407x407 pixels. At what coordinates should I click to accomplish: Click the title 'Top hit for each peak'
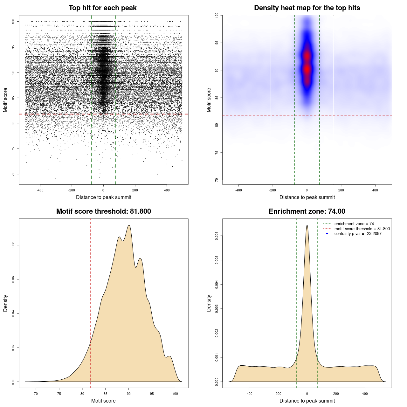pyautogui.click(x=102, y=8)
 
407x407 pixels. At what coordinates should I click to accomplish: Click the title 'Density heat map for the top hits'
pyautogui.click(x=307, y=8)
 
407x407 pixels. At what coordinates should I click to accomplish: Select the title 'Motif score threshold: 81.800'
pyautogui.click(x=103, y=211)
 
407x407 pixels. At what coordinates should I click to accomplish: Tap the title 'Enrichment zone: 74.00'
pyautogui.click(x=307, y=211)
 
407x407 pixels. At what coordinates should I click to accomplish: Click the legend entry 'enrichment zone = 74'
pyautogui.click(x=354, y=224)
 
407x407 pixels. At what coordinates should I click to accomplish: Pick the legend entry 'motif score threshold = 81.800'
pyautogui.click(x=362, y=229)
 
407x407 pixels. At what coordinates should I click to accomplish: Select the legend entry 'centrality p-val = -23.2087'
pyautogui.click(x=358, y=234)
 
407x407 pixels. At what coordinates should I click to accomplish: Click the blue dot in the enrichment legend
pyautogui.click(x=327, y=234)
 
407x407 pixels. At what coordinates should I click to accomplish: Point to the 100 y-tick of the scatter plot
pyautogui.click(x=13, y=21)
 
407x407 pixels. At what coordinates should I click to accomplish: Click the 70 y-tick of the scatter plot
pyautogui.click(x=13, y=174)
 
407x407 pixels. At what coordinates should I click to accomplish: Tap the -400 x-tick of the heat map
pyautogui.click(x=238, y=190)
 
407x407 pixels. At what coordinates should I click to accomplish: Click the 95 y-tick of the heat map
pyautogui.click(x=217, y=43)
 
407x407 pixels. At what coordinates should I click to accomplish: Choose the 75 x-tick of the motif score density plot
pyautogui.click(x=59, y=394)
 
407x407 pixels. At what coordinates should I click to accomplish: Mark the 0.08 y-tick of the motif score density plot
pyautogui.click(x=13, y=245)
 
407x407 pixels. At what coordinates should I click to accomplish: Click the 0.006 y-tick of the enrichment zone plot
pyautogui.click(x=217, y=236)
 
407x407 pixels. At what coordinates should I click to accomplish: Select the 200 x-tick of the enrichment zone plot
pyautogui.click(x=336, y=394)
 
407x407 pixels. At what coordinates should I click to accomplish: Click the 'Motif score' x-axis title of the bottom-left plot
pyautogui.click(x=103, y=401)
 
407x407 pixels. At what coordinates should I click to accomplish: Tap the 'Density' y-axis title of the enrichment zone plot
pyautogui.click(x=209, y=303)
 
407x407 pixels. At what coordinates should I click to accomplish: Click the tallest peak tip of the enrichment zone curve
pyautogui.click(x=307, y=225)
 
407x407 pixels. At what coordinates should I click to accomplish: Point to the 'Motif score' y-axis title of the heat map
pyautogui.click(x=209, y=100)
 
